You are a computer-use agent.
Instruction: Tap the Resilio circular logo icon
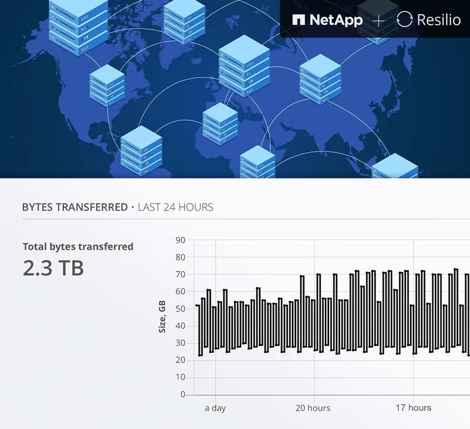point(404,19)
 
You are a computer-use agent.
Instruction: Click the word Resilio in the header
point(438,19)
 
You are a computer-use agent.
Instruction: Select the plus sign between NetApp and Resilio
point(379,20)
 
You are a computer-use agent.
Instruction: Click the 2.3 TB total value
point(53,268)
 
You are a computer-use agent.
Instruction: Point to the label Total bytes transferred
point(78,246)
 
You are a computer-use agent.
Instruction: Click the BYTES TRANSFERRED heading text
point(75,207)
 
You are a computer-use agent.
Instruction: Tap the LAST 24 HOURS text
point(175,207)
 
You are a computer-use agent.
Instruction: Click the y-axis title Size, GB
point(162,317)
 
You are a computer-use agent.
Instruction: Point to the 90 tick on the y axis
point(180,240)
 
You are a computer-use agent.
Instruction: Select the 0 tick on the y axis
point(183,394)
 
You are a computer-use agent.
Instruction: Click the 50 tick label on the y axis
point(180,309)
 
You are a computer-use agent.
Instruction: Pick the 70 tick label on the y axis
point(180,274)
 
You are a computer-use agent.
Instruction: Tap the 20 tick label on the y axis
point(180,360)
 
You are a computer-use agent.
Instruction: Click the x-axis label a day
point(215,408)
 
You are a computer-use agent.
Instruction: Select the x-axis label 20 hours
point(313,408)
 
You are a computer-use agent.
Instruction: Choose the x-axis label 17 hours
point(413,408)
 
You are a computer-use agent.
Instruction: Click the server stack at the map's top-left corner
point(78,26)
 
